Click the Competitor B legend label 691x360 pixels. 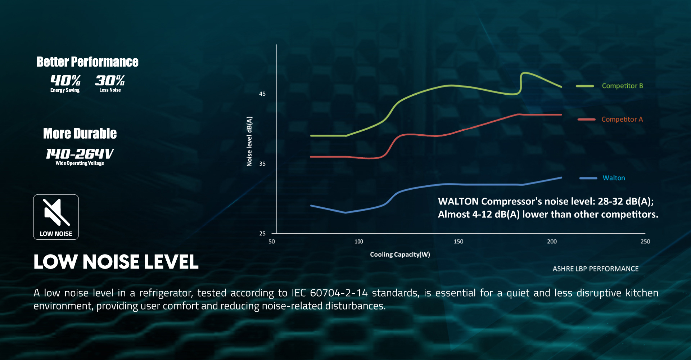622,86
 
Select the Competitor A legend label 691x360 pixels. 622,120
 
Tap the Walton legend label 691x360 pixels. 614,178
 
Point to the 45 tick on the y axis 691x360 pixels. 262,94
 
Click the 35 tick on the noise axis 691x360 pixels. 262,164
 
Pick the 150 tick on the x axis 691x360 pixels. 459,242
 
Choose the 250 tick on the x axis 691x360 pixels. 645,242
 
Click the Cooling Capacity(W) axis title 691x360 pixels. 400,255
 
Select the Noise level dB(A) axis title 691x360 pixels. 249,141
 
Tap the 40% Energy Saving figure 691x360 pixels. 65,84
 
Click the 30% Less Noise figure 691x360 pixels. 110,84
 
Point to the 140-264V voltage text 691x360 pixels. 80,154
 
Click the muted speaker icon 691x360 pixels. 56,212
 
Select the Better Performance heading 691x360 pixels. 87,62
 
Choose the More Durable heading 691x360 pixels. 80,134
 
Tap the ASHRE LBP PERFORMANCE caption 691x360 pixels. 596,269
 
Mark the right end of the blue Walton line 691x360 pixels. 561,177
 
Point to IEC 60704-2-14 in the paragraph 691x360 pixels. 329,293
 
